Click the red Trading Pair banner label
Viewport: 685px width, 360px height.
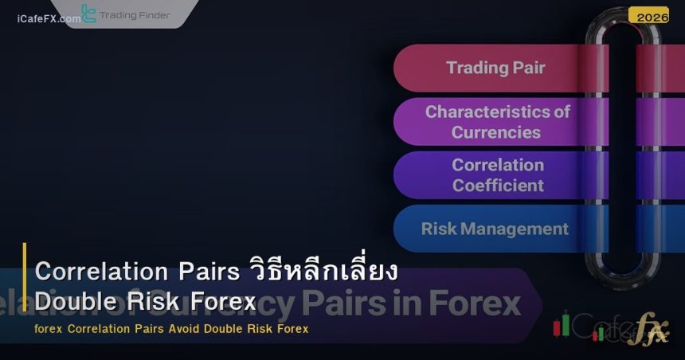coord(495,68)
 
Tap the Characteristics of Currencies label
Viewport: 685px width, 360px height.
coord(497,122)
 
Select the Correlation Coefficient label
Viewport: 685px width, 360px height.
coord(498,175)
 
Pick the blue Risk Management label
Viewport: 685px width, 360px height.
coord(495,229)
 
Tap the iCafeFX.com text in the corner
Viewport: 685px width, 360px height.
coord(48,18)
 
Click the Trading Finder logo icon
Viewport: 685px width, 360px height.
coord(88,14)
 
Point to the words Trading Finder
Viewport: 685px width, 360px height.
coord(135,15)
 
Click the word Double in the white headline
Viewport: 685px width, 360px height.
coord(74,302)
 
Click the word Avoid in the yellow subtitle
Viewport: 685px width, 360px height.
coord(184,329)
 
